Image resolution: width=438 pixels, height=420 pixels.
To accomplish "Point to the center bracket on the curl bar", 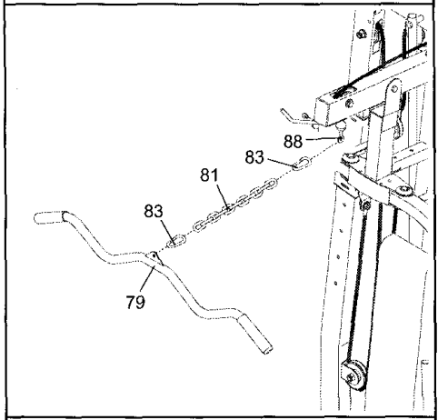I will [156, 260].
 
